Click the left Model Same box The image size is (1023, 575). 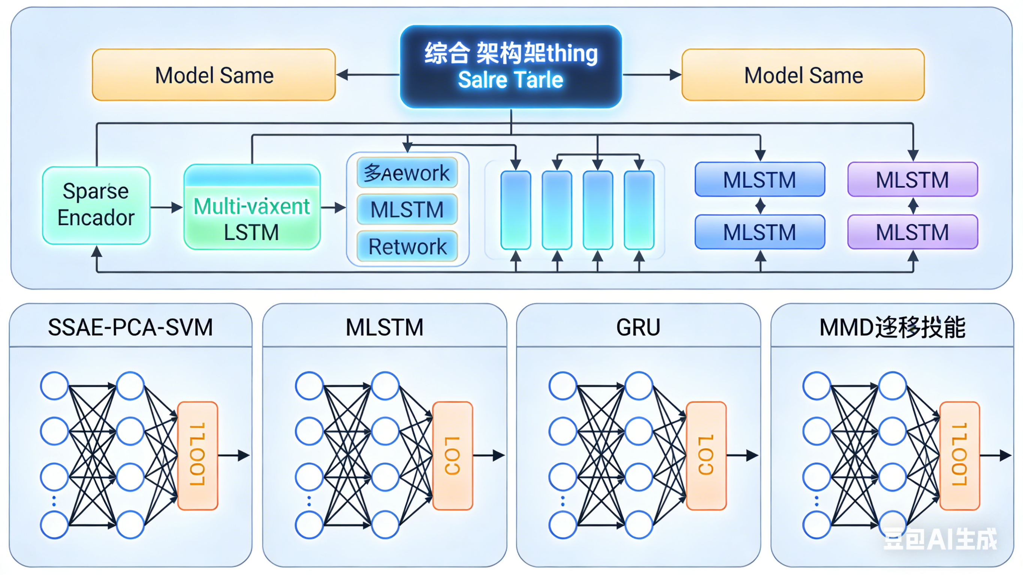(214, 75)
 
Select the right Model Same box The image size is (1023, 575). (803, 75)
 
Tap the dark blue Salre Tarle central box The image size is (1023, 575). (511, 67)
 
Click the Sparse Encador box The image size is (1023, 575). (96, 205)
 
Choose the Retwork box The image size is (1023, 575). (407, 246)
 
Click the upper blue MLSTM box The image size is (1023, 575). (759, 179)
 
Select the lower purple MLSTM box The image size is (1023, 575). (912, 232)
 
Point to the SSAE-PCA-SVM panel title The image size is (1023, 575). (130, 327)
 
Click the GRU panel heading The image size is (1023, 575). (638, 327)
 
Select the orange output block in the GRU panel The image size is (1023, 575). (706, 455)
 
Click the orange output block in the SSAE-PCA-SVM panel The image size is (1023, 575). (197, 455)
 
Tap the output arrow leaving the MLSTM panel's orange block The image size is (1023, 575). (489, 455)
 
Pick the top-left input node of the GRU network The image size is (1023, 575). (563, 385)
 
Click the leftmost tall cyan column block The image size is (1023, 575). (516, 210)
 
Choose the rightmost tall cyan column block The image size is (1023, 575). (639, 210)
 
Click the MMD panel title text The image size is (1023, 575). (892, 327)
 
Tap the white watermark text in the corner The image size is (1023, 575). (939, 539)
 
